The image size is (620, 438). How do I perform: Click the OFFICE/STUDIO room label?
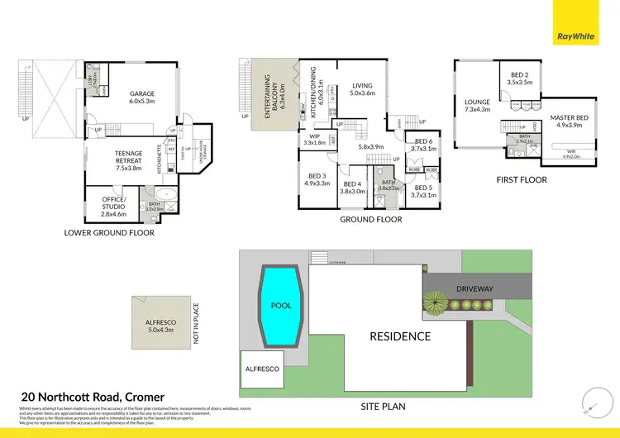coord(114,207)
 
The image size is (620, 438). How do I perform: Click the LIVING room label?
coord(362,89)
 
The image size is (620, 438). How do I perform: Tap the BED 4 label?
coord(353,188)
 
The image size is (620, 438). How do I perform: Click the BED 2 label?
coord(519,79)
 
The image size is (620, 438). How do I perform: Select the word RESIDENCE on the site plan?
coord(400,336)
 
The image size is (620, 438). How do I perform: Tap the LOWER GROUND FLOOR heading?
coord(109,233)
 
